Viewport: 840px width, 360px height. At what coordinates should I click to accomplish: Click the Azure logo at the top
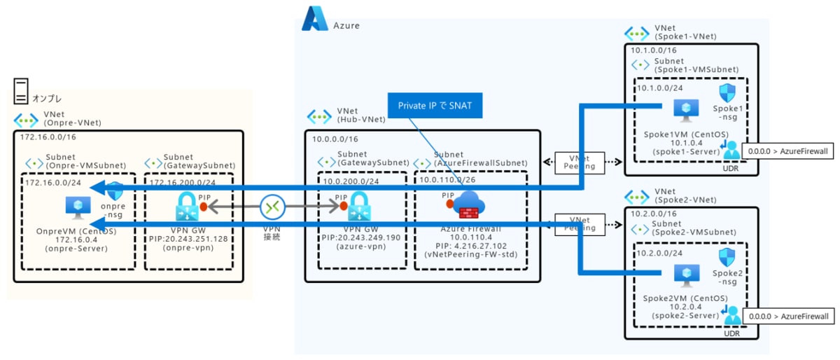point(315,19)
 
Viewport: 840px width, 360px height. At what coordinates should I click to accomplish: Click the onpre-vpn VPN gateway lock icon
point(187,207)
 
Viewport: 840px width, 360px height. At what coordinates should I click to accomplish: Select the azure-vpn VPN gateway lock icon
point(359,207)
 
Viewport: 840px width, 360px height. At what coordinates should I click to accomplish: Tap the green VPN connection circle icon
point(272,207)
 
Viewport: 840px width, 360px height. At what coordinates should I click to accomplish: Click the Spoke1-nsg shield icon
point(728,94)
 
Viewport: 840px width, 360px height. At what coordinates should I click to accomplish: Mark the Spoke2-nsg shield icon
point(728,257)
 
